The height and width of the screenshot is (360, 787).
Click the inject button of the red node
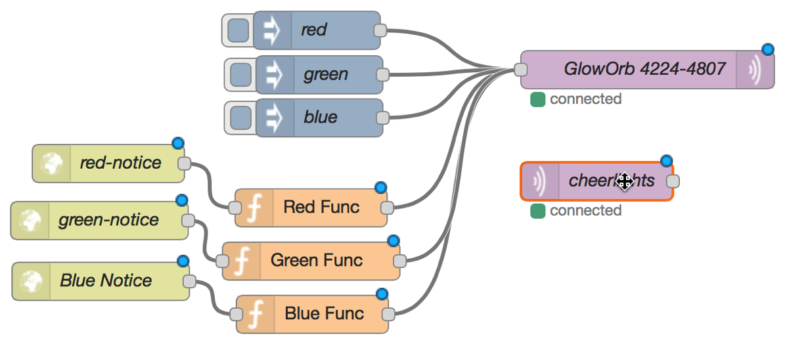(x=238, y=30)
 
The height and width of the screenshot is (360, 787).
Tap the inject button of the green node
(x=240, y=74)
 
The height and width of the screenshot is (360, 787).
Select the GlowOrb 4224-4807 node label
(x=644, y=69)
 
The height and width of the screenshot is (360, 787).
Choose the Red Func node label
(x=321, y=208)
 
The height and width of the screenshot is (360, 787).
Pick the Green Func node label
(x=316, y=260)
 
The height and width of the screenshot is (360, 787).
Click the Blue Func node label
(x=324, y=313)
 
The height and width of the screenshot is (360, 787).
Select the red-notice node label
(x=120, y=163)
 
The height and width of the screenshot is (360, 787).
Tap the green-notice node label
(x=108, y=220)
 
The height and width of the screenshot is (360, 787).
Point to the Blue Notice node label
(x=106, y=281)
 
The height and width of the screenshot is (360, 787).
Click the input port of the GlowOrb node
(x=520, y=70)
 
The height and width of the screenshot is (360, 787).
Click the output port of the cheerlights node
(x=673, y=181)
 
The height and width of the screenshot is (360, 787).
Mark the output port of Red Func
(x=387, y=208)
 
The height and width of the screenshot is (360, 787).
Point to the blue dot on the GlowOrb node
(x=767, y=50)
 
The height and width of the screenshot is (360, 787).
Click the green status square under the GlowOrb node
(x=537, y=100)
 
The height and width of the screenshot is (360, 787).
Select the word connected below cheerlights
(x=585, y=211)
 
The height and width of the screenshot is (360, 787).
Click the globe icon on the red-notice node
(x=51, y=164)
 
